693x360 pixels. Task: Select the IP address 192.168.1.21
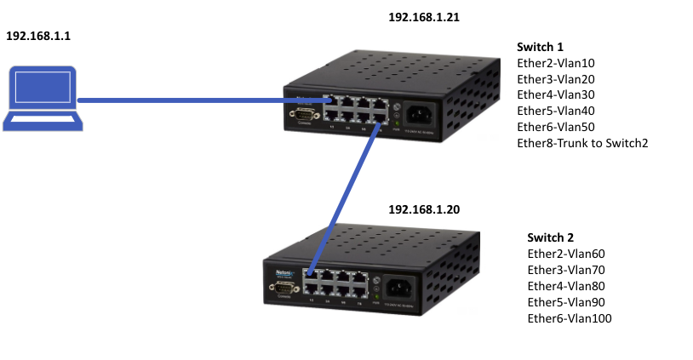pyautogui.click(x=424, y=17)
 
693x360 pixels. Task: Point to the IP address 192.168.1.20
pyautogui.click(x=424, y=209)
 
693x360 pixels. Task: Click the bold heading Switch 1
pyautogui.click(x=540, y=47)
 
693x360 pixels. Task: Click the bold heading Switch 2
pyautogui.click(x=551, y=237)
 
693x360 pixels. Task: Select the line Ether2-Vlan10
pyautogui.click(x=556, y=63)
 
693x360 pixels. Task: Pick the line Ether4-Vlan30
pyautogui.click(x=556, y=95)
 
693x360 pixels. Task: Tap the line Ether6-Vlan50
pyautogui.click(x=556, y=127)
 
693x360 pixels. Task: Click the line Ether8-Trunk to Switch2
pyautogui.click(x=582, y=143)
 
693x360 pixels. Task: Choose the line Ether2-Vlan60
pyautogui.click(x=566, y=254)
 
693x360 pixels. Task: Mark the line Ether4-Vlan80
pyautogui.click(x=566, y=286)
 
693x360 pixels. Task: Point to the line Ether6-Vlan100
pyautogui.click(x=570, y=318)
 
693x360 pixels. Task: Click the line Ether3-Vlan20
pyautogui.click(x=556, y=79)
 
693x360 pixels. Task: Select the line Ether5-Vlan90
pyautogui.click(x=566, y=302)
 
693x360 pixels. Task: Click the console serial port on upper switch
pyautogui.click(x=303, y=114)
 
